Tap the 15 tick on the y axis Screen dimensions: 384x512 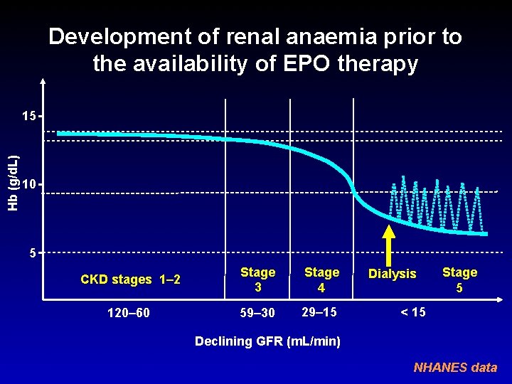28,115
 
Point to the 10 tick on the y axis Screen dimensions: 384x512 28,185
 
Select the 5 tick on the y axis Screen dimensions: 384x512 31,252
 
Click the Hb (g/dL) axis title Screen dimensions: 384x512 13,178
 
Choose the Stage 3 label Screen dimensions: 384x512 257,279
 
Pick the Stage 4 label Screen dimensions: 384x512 321,279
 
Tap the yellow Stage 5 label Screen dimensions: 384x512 459,279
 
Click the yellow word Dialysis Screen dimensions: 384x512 393,274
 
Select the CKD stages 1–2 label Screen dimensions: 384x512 130,279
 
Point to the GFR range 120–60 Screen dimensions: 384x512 127,312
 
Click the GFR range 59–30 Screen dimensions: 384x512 257,312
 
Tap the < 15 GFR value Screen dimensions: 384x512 413,311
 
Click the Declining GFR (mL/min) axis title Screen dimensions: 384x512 267,341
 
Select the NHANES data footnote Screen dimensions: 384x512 455,368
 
